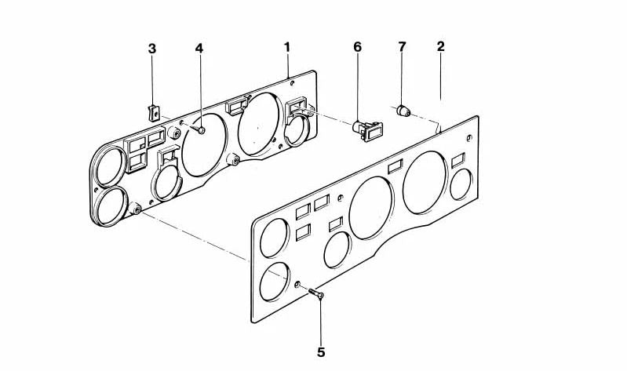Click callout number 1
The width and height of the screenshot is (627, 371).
[287, 47]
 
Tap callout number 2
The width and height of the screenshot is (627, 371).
[441, 46]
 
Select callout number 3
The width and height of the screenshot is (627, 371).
[152, 49]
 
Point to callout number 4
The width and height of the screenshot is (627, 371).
[199, 49]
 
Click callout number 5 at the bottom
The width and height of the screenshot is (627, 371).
[321, 351]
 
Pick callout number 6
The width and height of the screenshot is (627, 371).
[358, 47]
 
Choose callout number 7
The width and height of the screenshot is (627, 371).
[402, 47]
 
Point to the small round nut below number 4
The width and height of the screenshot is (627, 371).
[201, 131]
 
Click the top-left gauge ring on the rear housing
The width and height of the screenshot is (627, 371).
[108, 165]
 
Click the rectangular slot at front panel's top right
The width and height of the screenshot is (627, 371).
[459, 160]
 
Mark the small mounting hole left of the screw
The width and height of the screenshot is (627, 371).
[299, 284]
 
